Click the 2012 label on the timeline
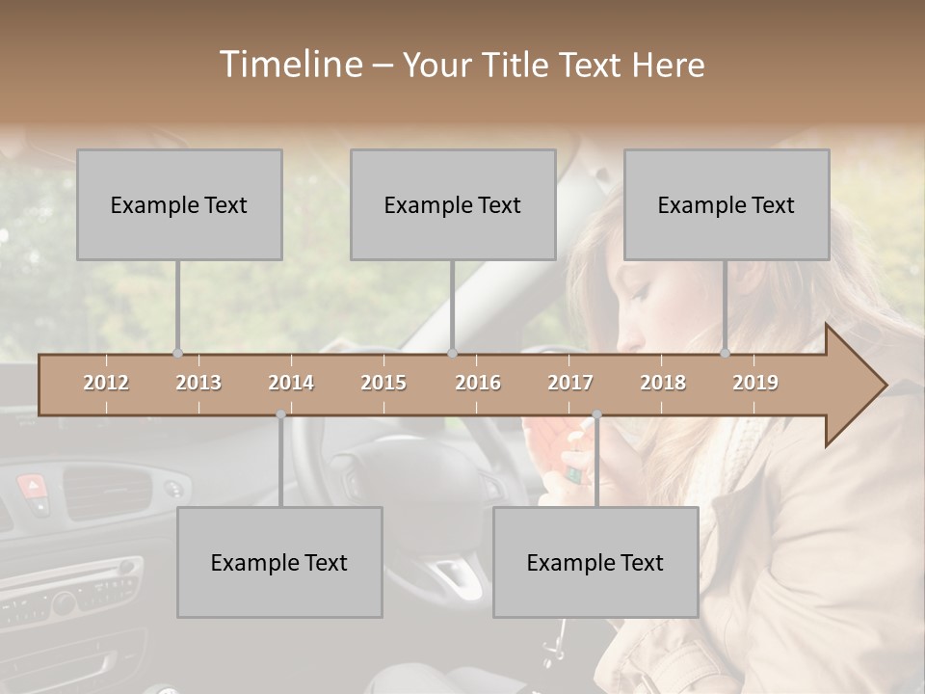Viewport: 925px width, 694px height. click(106, 383)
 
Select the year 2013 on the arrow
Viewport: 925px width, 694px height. click(198, 383)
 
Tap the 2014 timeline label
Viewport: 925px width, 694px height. click(291, 383)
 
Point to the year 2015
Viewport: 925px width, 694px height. click(383, 383)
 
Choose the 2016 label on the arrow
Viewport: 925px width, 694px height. click(478, 383)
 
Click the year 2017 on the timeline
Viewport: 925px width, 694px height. click(570, 383)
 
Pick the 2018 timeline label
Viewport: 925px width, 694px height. click(663, 383)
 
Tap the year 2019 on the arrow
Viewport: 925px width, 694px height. click(755, 383)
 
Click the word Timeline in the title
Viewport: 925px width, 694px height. click(290, 65)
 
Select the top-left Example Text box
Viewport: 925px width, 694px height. click(179, 204)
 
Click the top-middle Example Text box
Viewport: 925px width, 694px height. click(453, 204)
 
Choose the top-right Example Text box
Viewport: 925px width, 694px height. click(727, 204)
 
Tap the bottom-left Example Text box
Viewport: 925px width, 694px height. click(279, 562)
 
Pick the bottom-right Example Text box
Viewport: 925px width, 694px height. click(595, 562)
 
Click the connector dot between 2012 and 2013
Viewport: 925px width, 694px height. click(177, 354)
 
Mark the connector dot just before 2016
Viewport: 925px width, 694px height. click(453, 354)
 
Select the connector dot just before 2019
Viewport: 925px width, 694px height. click(726, 354)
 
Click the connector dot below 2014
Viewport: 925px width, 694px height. click(280, 414)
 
